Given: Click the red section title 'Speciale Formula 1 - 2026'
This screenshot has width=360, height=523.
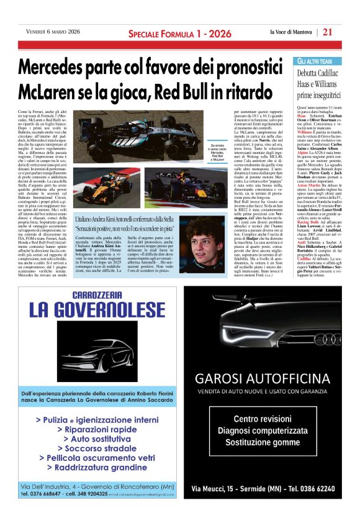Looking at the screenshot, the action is click(179, 33).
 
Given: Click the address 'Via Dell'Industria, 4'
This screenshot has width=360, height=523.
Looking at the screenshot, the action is click(62, 486).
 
